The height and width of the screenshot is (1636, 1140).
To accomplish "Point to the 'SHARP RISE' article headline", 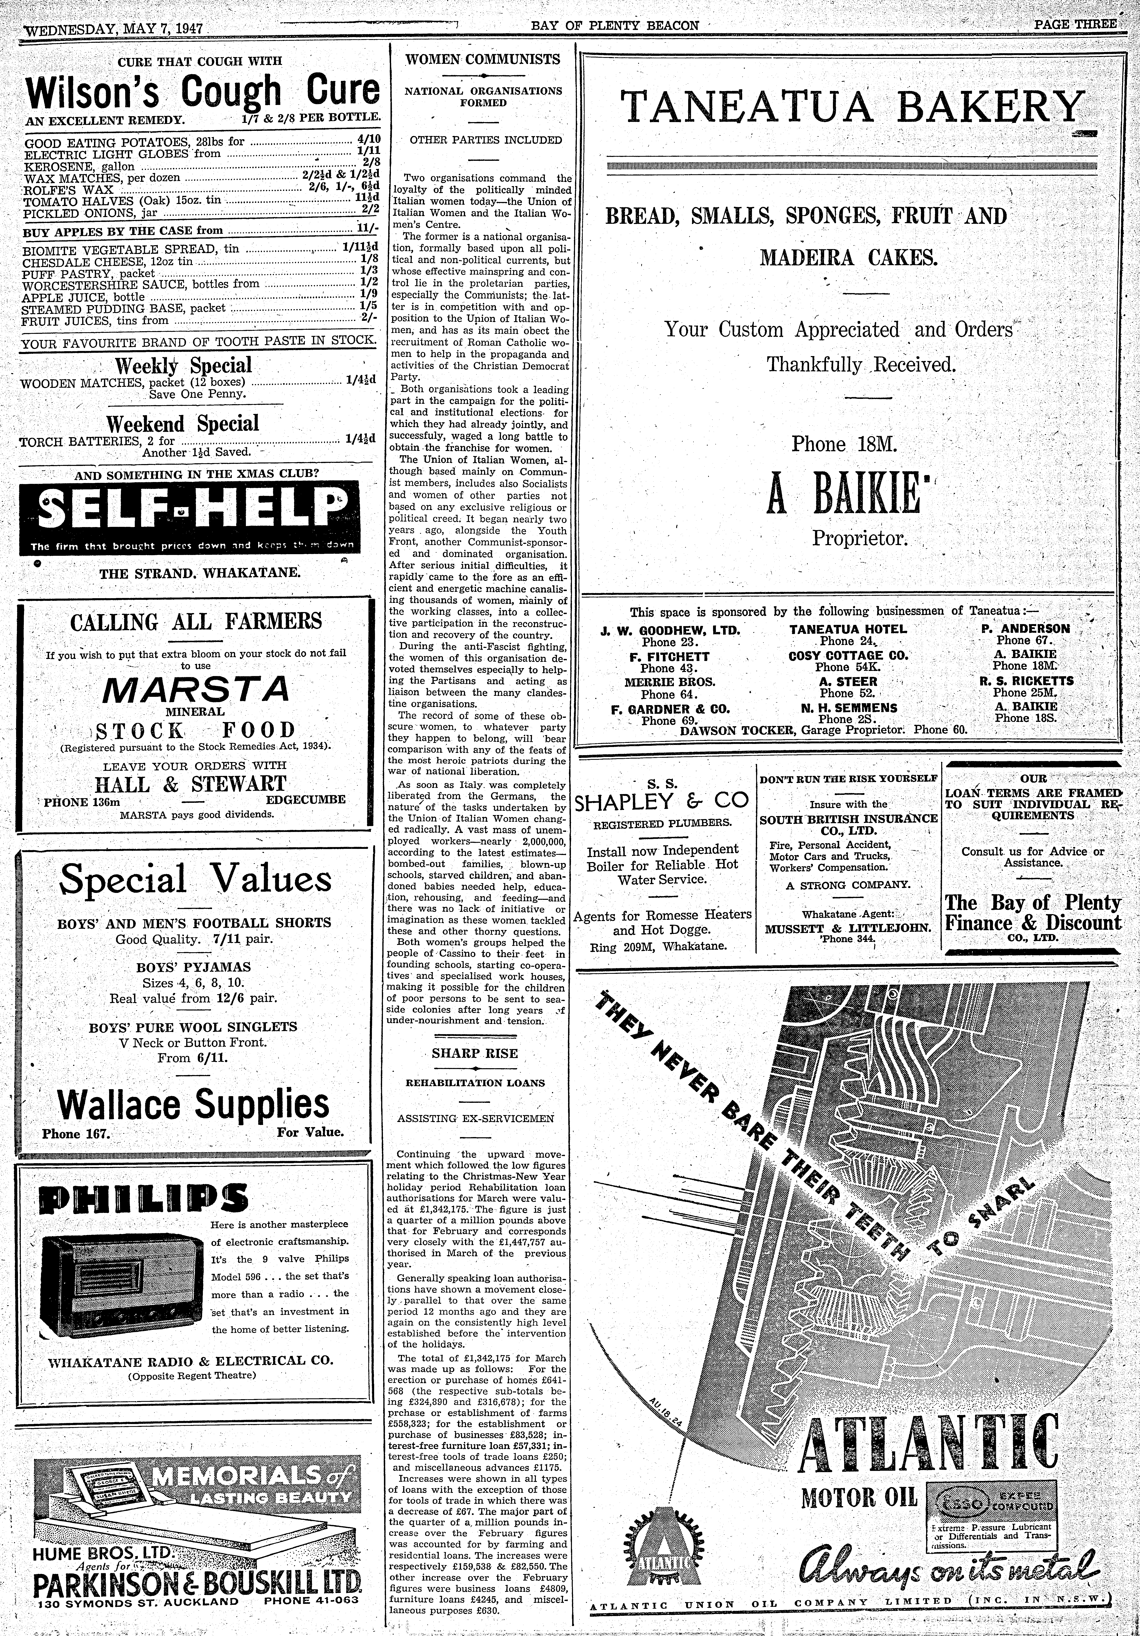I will pos(475,1053).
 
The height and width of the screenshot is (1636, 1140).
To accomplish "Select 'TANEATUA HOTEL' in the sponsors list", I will pos(848,629).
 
